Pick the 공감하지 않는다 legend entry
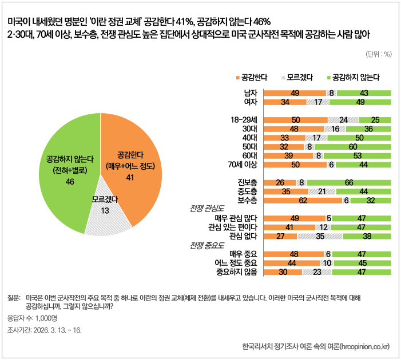[x=352, y=76]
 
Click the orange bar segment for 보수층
[x=303, y=201]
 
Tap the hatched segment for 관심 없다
[x=320, y=235]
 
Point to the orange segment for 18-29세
[x=295, y=120]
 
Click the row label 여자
[x=250, y=102]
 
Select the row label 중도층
[x=247, y=191]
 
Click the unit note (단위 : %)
[x=378, y=54]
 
